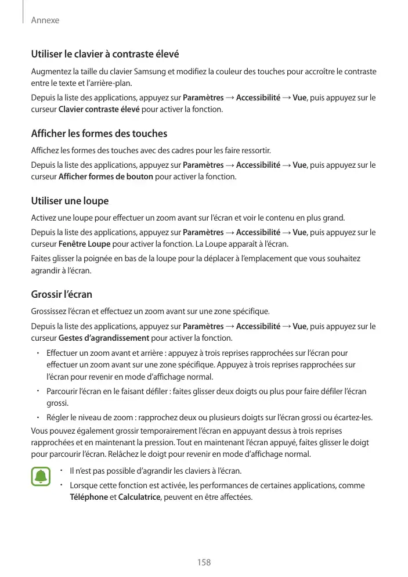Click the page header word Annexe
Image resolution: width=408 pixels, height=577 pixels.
point(45,20)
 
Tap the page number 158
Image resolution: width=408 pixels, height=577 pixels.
point(204,562)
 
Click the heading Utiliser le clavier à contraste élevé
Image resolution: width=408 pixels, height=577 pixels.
point(104,55)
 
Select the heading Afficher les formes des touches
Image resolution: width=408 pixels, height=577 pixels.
point(99,134)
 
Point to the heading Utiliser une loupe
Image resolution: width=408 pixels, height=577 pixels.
point(70,201)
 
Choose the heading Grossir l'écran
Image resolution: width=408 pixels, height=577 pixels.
point(62,294)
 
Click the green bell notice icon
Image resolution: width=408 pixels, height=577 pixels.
point(41,477)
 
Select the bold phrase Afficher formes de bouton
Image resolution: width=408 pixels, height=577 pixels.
point(106,176)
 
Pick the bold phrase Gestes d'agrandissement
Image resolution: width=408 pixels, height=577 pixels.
point(104,338)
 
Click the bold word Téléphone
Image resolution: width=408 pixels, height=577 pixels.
point(89,497)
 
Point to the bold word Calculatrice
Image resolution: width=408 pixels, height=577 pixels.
point(139,497)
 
